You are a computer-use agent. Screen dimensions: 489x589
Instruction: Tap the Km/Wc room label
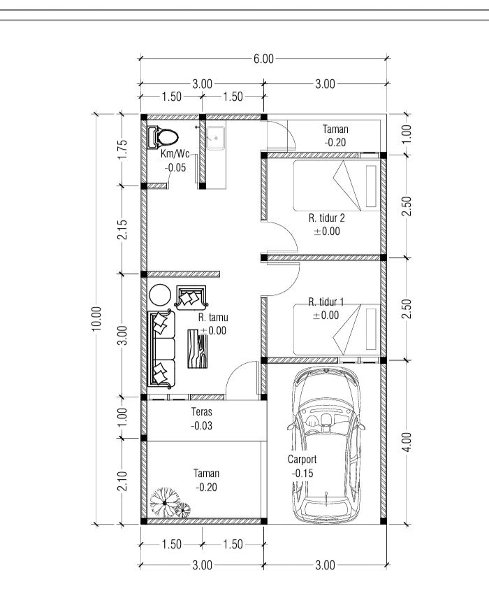click(175, 154)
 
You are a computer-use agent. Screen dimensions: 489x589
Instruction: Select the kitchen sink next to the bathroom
click(216, 139)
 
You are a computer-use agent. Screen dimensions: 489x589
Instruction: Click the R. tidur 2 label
click(327, 218)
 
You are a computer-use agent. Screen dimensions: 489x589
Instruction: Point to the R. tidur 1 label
click(326, 301)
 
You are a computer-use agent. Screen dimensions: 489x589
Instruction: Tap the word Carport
click(302, 460)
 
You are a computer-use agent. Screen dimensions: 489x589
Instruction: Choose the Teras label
click(202, 412)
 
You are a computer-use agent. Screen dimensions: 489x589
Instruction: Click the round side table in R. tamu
click(160, 295)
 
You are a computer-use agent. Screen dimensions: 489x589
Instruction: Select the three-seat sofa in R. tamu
click(161, 349)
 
